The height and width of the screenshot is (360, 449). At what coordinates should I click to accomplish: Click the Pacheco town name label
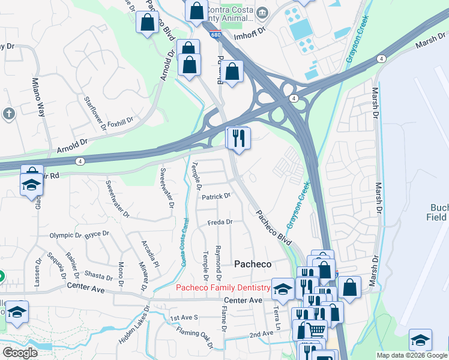pos(252,264)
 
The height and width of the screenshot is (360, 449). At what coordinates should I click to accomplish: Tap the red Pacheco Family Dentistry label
pos(221,287)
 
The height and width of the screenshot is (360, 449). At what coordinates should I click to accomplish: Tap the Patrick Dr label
pos(216,197)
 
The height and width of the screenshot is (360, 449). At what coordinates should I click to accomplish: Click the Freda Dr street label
pos(220,222)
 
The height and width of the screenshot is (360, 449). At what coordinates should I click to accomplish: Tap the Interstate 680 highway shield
pos(215,35)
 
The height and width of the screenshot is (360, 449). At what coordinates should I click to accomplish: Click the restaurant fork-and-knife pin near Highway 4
pos(238,139)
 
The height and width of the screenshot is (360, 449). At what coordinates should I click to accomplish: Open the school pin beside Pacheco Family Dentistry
pos(283,290)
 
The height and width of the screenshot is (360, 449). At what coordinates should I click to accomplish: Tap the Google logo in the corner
pos(20,353)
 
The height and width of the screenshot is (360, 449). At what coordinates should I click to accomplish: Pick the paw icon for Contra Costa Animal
pos(262,13)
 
